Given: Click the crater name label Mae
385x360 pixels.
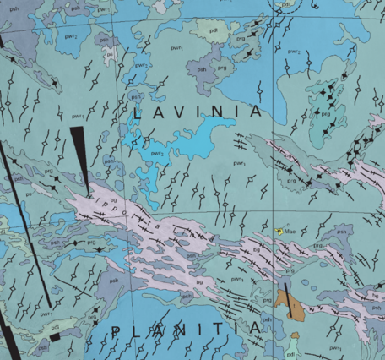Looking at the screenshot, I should (x=290, y=230).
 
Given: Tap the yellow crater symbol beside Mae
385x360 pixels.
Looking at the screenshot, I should (x=279, y=230).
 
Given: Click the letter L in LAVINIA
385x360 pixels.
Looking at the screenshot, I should (x=138, y=112).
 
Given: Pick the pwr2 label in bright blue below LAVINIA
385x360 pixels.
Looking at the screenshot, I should (x=157, y=153).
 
